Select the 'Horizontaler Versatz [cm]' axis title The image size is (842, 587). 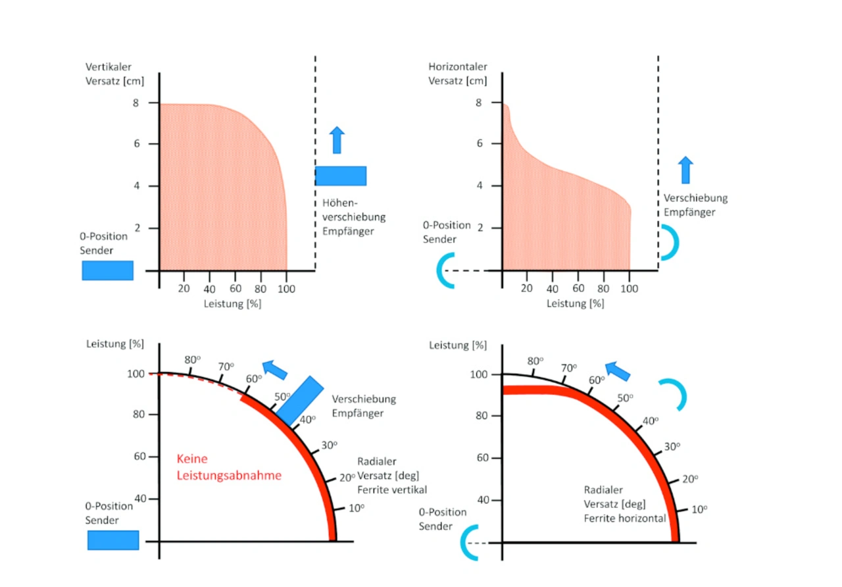[458, 74]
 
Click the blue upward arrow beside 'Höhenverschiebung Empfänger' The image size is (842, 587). [337, 140]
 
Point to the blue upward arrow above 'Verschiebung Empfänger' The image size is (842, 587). [685, 170]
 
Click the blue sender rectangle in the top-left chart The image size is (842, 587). [107, 270]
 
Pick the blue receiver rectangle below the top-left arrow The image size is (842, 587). [340, 176]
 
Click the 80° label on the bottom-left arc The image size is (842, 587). [192, 360]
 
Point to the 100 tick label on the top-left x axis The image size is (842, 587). [287, 288]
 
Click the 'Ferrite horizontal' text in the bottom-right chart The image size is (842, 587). [625, 519]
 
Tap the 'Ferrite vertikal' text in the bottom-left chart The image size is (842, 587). [392, 490]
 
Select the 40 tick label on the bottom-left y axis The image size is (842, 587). [140, 499]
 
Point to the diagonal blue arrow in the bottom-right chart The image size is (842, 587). [618, 371]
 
